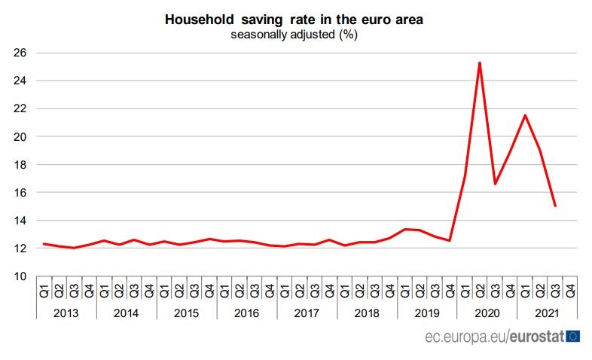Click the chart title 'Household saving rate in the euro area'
pos(294,20)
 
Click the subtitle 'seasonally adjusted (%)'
pos(294,35)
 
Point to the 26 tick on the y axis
pos(19,53)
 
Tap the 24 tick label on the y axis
pos(19,81)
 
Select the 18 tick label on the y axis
pos(19,164)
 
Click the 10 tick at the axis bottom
pos(19,276)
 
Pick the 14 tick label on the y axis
pos(19,220)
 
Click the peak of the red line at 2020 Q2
pos(480,63)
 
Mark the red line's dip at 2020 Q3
pos(495,184)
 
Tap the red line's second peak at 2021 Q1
pos(525,115)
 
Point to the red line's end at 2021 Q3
pos(555,206)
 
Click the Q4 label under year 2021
pos(570,288)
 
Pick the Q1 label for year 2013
pos(44,288)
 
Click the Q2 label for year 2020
pos(480,288)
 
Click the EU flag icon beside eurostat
pos(572,336)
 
